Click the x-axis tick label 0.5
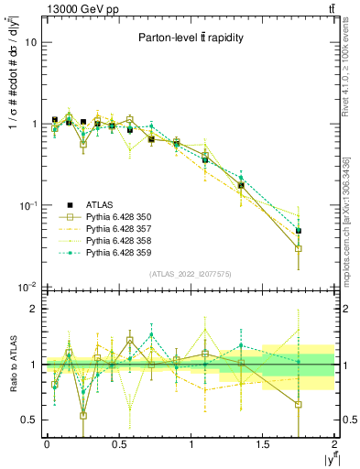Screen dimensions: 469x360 118,444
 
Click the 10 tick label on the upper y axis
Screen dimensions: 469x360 31,43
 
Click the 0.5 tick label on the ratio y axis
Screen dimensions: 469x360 29,420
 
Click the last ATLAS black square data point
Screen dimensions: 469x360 299,231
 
